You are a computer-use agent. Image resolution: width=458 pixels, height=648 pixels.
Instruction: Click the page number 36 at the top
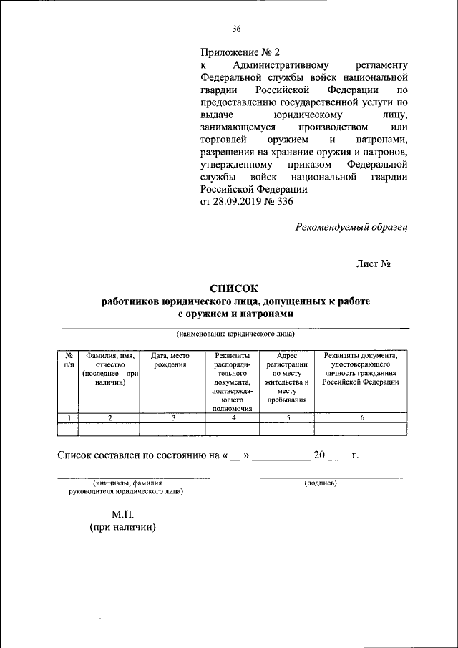[236, 29]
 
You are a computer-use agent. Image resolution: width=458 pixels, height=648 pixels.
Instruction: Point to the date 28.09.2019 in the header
[244, 201]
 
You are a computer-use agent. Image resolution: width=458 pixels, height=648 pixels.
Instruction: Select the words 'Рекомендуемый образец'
[351, 227]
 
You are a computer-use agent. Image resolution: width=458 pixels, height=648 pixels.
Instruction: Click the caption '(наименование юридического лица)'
[235, 334]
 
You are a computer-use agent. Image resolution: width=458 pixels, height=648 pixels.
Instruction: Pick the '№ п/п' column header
[67, 360]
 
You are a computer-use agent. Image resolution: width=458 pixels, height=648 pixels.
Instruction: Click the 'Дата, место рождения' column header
[172, 360]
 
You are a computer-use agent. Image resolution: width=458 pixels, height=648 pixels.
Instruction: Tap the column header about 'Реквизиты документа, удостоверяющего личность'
[361, 369]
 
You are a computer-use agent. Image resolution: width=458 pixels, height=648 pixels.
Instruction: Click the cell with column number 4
[233, 418]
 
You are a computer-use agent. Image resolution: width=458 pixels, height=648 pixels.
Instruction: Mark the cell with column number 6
[362, 418]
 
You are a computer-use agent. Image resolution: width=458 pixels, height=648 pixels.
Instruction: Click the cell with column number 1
[68, 418]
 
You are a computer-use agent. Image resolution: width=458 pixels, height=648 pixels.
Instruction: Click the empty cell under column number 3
[172, 429]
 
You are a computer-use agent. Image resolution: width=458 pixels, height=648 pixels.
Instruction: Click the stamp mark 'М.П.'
[122, 514]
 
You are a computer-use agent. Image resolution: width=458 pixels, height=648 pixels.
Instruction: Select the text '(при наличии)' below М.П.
[122, 528]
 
